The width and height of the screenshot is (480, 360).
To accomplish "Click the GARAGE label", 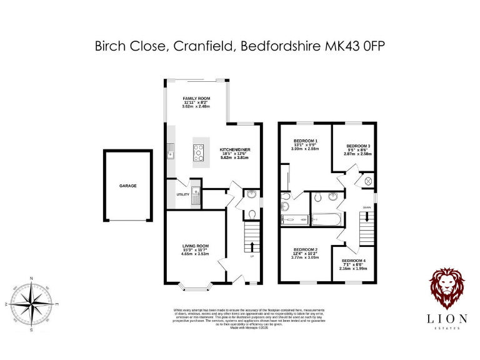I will (128, 186).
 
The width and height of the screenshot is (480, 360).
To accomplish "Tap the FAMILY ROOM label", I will (196, 99).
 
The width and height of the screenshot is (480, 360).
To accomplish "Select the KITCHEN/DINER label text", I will (235, 151).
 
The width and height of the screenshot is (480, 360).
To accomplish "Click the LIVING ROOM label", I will (196, 246).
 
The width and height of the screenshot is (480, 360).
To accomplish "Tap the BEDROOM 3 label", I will (358, 146).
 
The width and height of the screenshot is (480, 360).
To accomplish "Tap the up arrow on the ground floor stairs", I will (252, 247).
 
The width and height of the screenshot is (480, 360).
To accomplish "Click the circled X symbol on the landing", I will (368, 181).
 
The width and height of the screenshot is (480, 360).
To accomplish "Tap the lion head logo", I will (446, 288).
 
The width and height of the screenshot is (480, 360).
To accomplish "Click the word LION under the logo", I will (446, 319).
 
